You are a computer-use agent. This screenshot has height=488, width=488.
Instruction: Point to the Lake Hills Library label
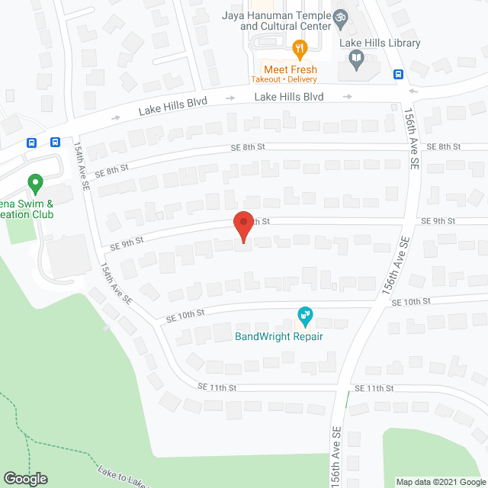pyautogui.click(x=382, y=43)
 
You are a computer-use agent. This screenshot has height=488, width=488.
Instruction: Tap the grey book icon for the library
pyautogui.click(x=355, y=58)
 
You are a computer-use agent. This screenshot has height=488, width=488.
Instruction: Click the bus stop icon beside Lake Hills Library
pyautogui.click(x=398, y=74)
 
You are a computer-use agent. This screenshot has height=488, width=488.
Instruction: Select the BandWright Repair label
pyautogui.click(x=278, y=336)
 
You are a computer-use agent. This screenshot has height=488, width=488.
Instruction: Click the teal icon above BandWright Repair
pyautogui.click(x=304, y=315)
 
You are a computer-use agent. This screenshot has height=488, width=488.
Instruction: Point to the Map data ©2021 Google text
pyautogui.click(x=440, y=481)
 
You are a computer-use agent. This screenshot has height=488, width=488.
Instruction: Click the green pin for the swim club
pyautogui.click(x=34, y=184)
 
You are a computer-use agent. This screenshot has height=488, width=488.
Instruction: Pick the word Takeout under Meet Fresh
pyautogui.click(x=265, y=79)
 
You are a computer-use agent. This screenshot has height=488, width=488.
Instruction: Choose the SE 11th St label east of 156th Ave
pyautogui.click(x=380, y=389)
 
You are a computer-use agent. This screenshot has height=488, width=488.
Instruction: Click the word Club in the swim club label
pyautogui.click(x=42, y=215)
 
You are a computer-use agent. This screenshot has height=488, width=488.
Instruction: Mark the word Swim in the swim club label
pyautogui.click(x=30, y=204)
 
